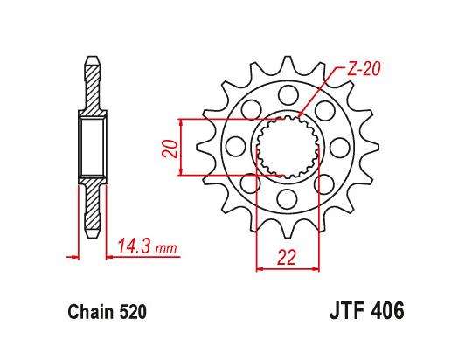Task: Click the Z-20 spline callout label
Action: pos(364,69)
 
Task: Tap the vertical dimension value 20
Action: pos(170,149)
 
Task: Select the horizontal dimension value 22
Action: pos(287,258)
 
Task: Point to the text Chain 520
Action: pos(108,312)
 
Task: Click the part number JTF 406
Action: pos(366,311)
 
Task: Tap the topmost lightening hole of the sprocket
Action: pos(288,95)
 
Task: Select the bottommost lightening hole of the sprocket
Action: pos(288,198)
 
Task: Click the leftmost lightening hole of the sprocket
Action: pos(236,147)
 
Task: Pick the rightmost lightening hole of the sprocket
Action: pos(339,147)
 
